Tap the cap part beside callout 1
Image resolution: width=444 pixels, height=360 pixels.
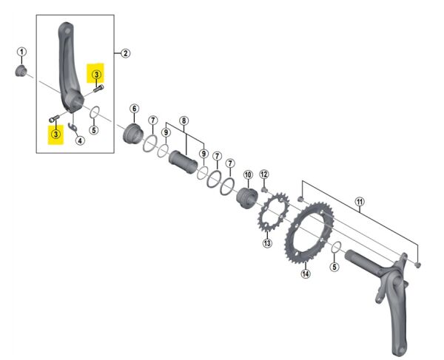coord(21,71)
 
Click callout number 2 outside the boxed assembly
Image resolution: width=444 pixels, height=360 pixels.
coord(126,52)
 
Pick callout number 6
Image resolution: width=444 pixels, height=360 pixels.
coord(134,109)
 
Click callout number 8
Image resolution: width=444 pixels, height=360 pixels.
coord(184,120)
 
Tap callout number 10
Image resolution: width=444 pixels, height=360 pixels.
coord(248,175)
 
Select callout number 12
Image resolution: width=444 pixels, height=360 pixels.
coord(264,175)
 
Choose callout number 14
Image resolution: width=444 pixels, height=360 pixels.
coord(306,274)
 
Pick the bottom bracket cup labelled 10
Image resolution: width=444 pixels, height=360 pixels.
coord(246,198)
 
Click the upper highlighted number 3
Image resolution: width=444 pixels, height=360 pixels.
coord(95,72)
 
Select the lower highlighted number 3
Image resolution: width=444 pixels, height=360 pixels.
coord(55,135)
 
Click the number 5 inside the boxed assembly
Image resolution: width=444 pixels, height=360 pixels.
coord(93,130)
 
